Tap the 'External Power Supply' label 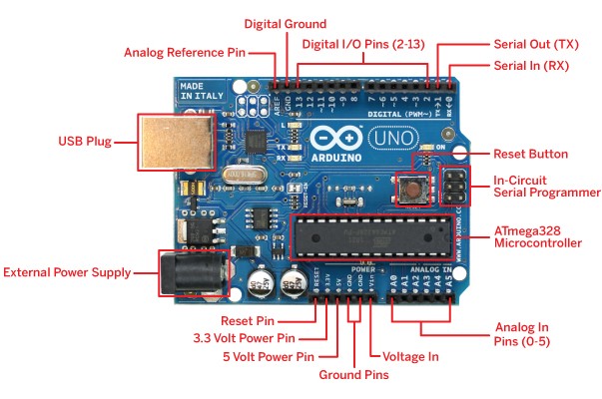coord(68,271)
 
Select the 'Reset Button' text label coord(530,155)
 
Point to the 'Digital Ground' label coord(287,23)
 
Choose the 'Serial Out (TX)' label coord(536,45)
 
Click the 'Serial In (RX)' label coord(533,65)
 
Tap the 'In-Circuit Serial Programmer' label coord(547,186)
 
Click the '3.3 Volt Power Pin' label coord(245,337)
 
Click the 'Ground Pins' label coord(353,375)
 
